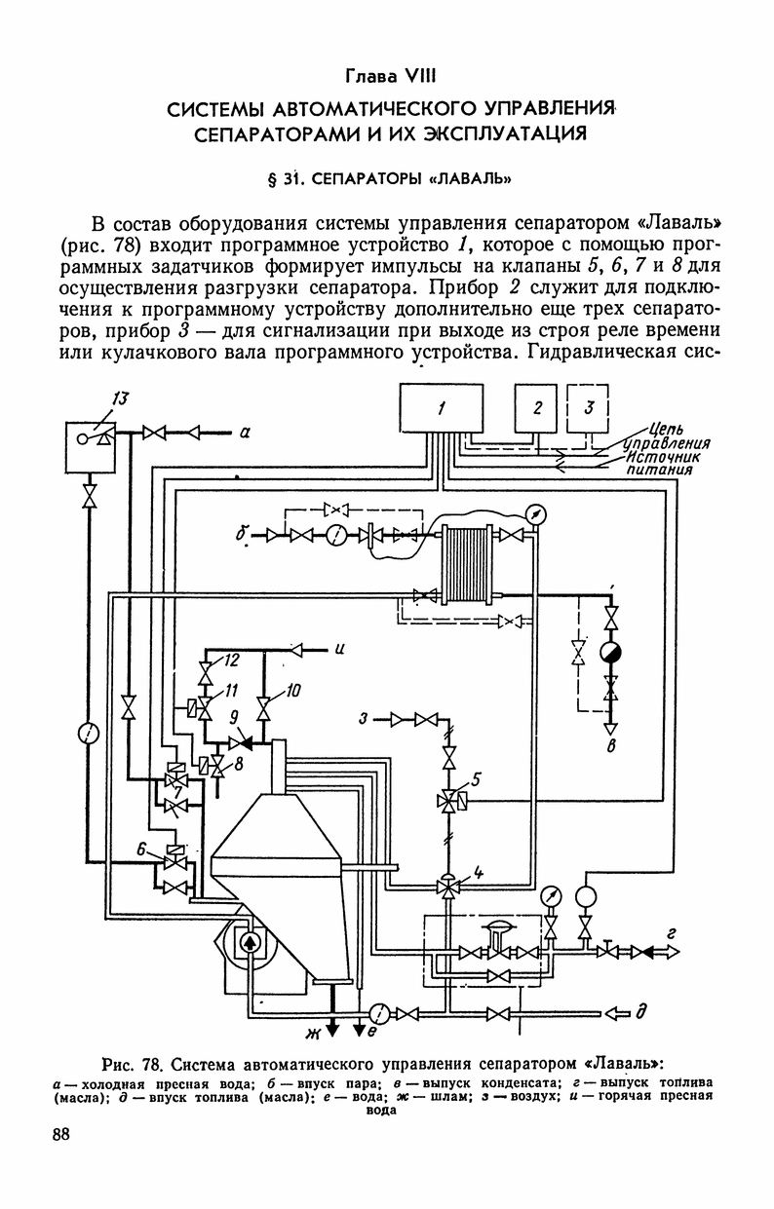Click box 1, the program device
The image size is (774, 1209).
[442, 408]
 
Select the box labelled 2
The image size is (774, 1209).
[536, 408]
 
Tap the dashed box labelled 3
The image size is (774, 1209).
[588, 408]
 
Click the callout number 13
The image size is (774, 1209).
[121, 398]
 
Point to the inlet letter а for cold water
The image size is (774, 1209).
[245, 433]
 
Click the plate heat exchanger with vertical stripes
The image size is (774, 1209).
[467, 565]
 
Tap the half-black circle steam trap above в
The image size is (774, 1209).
[611, 653]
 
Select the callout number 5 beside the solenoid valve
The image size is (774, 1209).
[476, 778]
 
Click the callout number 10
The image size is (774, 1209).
[292, 691]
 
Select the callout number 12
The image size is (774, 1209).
[231, 661]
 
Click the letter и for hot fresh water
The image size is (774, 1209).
[339, 648]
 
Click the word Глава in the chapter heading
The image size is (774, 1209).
[369, 77]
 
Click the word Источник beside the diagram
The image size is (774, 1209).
[662, 458]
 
